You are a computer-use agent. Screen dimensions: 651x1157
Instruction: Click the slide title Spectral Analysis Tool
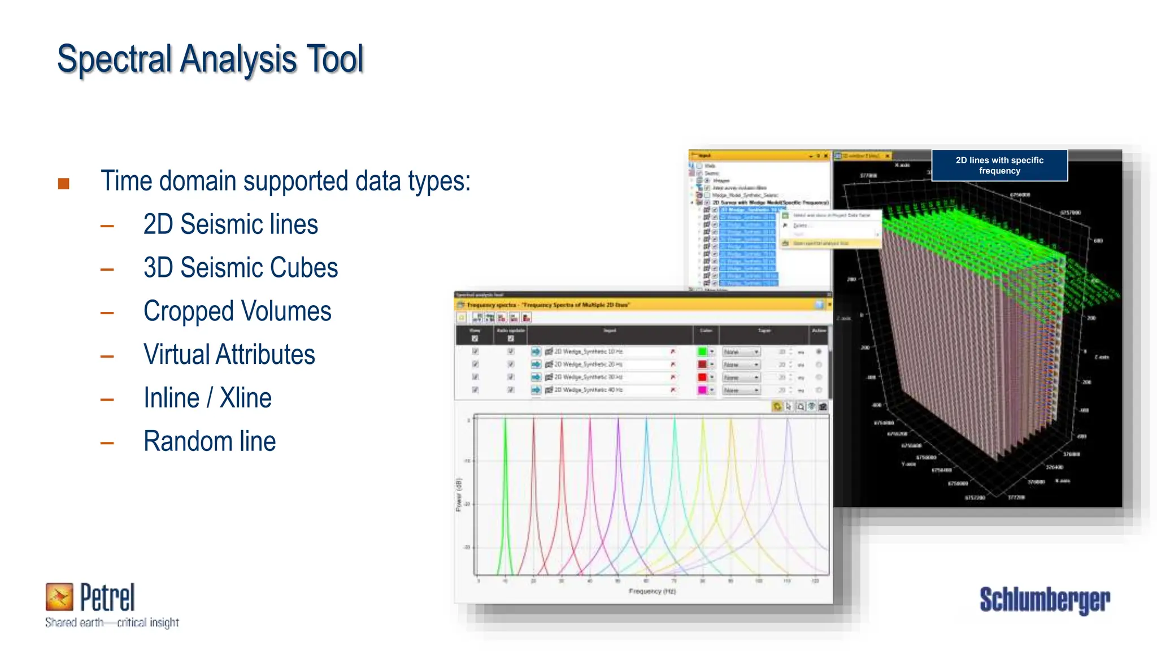coord(210,59)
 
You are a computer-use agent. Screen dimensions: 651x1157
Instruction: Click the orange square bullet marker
coord(64,184)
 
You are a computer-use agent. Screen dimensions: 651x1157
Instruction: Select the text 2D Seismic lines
coord(230,224)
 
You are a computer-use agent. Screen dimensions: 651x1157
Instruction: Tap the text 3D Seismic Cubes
coord(241,268)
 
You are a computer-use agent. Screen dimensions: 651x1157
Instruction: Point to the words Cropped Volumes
coord(237,311)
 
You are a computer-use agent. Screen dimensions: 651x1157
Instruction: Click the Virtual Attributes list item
coord(229,355)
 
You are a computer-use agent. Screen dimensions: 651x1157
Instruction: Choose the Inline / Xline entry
coord(207,398)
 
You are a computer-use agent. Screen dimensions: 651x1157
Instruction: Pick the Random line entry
coord(210,442)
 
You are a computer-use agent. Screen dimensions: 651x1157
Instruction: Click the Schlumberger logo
coord(1044,600)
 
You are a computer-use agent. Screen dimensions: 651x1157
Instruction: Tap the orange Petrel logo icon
coord(59,597)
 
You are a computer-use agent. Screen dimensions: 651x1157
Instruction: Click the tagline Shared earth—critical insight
coord(112,623)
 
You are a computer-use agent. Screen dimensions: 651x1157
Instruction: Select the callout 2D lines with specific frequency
coord(999,166)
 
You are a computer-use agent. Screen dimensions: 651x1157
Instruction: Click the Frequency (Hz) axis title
coord(652,591)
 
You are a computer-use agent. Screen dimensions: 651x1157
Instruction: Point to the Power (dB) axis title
coord(459,495)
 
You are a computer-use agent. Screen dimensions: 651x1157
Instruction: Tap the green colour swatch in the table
coord(702,351)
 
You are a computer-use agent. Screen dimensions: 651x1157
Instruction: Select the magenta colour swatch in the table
coord(702,390)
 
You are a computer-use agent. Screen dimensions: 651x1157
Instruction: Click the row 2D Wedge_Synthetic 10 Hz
coord(588,351)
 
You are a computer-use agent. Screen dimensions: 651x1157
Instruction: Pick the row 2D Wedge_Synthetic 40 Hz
coord(588,390)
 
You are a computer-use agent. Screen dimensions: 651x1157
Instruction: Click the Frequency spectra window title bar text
coord(548,305)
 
